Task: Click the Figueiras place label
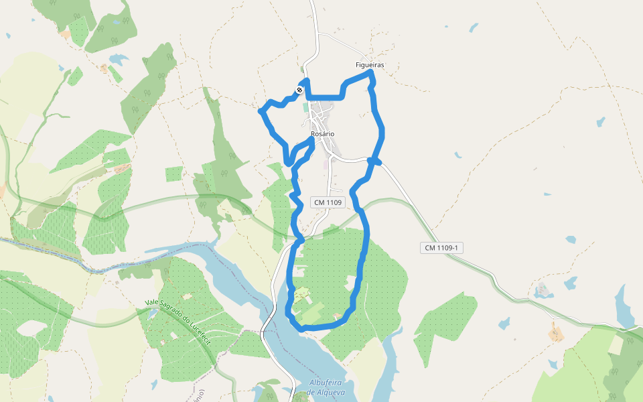point(370,65)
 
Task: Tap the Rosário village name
point(322,134)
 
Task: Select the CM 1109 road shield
point(328,202)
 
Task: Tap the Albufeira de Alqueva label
point(327,388)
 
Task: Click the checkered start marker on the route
point(299,90)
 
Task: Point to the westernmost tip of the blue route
point(261,110)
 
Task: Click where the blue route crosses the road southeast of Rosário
point(374,161)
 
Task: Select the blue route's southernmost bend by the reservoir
point(302,328)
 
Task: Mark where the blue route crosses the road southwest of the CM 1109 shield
point(299,239)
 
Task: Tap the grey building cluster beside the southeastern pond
point(543,290)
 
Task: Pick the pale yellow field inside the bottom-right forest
point(615,344)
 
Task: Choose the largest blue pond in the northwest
point(118,59)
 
